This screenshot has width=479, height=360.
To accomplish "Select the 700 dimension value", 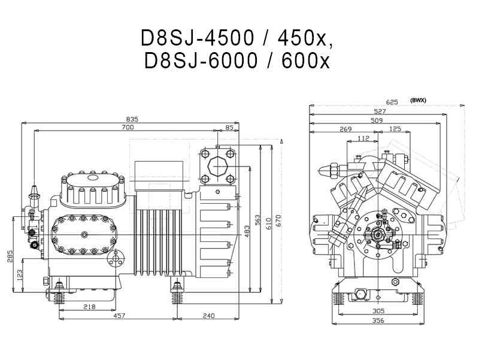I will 128,128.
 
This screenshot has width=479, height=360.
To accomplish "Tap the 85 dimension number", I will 230,128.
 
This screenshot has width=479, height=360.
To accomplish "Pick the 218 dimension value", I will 89,307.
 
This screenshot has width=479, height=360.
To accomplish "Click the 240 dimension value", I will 208,315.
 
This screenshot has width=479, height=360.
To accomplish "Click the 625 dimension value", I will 392,102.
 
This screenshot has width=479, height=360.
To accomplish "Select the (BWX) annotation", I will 418,101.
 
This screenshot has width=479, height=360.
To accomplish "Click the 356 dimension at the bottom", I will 377,320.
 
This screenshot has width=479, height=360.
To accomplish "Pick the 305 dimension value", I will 377,311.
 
